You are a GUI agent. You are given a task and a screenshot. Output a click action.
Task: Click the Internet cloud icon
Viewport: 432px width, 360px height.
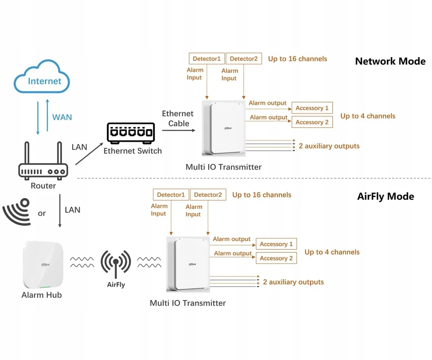click(41, 76)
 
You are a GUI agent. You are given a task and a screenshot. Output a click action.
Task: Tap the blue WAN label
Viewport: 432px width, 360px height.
click(62, 117)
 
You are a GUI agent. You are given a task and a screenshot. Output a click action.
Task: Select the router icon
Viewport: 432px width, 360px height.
click(43, 161)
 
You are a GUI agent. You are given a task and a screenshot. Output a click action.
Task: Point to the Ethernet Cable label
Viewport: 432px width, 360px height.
click(178, 118)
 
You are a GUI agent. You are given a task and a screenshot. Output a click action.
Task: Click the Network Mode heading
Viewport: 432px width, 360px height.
click(390, 61)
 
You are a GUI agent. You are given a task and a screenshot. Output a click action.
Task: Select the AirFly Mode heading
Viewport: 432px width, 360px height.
click(385, 197)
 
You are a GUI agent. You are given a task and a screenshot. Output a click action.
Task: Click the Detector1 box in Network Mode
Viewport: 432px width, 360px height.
click(206, 59)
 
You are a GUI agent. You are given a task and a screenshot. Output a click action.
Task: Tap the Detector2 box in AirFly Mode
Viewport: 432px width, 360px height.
click(208, 194)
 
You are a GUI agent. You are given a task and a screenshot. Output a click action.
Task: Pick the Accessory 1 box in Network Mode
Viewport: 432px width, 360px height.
click(312, 108)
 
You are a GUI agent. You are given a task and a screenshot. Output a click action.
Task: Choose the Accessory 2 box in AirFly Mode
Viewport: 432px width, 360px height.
click(276, 258)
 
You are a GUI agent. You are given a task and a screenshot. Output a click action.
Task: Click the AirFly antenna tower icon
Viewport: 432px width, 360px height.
click(116, 264)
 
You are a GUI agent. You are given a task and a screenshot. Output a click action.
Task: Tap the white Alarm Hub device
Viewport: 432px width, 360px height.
click(43, 265)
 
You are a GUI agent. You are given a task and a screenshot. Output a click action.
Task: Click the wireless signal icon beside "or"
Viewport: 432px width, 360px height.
click(16, 211)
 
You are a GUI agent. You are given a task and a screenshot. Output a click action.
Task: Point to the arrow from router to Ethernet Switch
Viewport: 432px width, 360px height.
click(89, 154)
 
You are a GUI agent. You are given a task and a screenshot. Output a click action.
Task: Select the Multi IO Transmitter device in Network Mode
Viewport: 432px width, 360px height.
click(224, 128)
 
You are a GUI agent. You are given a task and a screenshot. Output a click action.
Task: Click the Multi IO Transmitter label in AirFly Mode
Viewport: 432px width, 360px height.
click(187, 303)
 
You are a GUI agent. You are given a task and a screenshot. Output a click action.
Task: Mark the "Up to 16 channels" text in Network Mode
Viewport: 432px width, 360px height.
click(298, 59)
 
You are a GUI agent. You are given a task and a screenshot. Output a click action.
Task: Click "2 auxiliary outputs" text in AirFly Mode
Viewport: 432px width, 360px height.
click(293, 282)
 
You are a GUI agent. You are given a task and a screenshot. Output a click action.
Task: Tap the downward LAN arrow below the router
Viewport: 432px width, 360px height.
click(60, 210)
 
